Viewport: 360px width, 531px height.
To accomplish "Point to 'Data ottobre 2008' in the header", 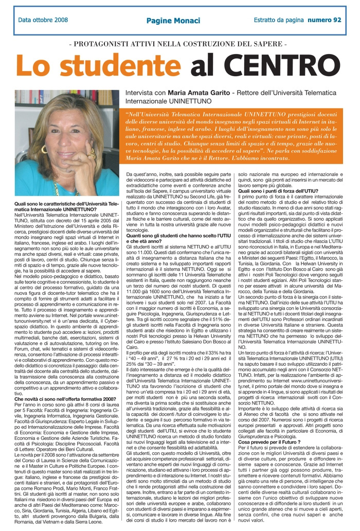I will tap(43, 20).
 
